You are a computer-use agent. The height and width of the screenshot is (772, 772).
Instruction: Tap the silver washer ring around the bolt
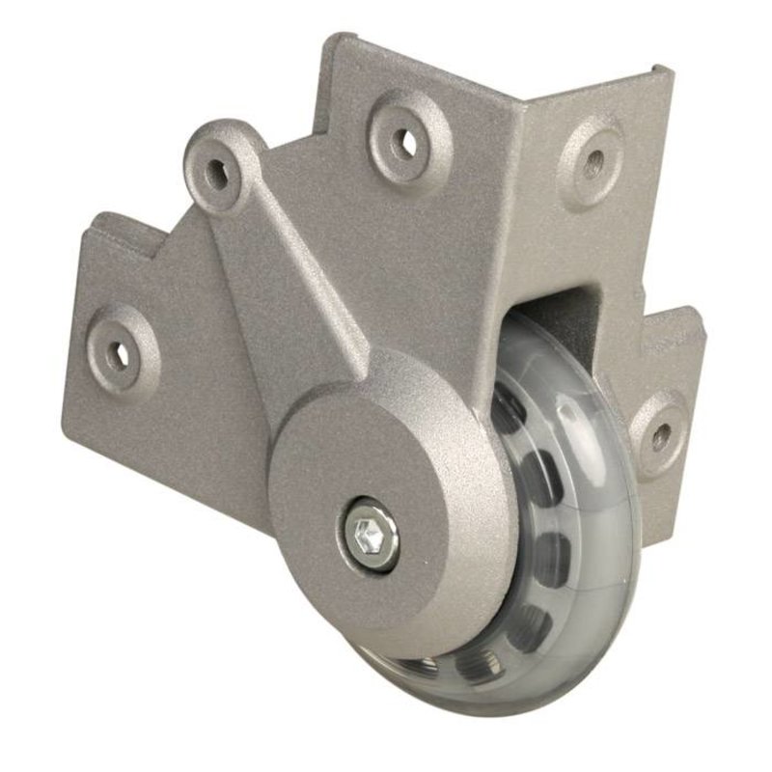355,546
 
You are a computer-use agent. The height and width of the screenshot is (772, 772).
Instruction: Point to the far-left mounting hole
123,353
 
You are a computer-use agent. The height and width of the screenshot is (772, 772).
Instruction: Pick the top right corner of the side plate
666,68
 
